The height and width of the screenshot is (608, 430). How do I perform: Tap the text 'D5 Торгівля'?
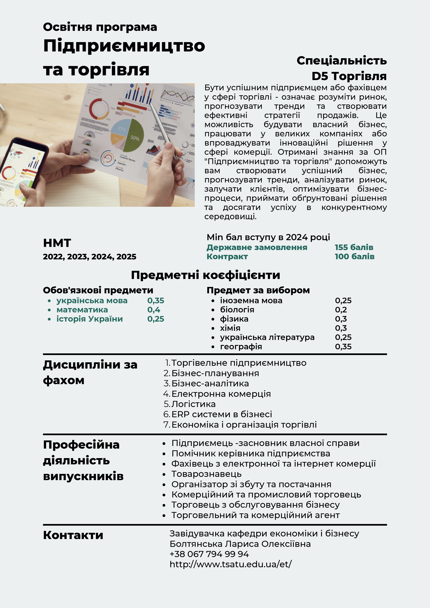pos(349,76)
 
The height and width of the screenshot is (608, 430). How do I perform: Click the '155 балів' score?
pos(354,247)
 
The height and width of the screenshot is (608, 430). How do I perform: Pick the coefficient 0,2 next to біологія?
pos(341,310)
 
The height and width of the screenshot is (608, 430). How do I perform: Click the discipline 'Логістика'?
pos(193,404)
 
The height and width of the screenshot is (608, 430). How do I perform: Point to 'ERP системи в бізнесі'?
pos(221,414)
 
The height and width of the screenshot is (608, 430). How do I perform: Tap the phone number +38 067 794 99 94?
pos(209,554)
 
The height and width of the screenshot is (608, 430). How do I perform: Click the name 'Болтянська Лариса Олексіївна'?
pos(240,544)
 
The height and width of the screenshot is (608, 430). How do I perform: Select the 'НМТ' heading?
pos(57,243)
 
